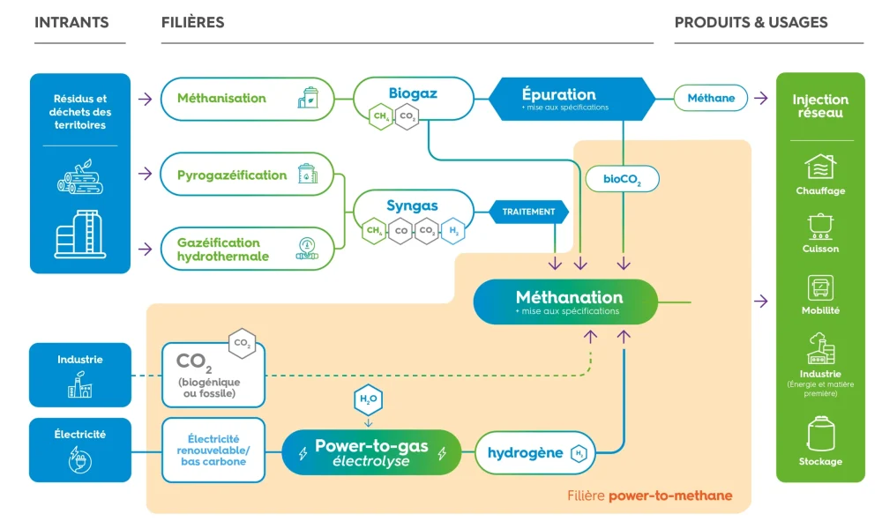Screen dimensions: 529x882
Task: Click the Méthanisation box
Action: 247,98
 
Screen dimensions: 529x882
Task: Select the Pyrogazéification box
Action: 247,175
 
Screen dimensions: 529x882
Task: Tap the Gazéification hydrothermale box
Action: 247,249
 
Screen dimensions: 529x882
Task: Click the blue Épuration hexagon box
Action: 572,99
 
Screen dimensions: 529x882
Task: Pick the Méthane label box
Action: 711,98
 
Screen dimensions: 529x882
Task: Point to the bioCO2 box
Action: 623,180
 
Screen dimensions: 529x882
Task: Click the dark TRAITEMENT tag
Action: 529,212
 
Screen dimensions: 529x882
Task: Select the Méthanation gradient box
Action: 566,302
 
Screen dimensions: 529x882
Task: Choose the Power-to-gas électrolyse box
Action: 371,453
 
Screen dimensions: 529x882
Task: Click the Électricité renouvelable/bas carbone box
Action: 213,450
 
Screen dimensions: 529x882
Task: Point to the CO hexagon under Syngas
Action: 400,231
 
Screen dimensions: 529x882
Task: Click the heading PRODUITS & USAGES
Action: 751,22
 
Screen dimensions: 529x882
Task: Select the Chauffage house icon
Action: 820,167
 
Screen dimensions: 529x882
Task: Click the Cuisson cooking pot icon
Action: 820,226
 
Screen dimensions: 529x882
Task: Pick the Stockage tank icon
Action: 820,434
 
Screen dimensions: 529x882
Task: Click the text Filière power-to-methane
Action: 649,495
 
